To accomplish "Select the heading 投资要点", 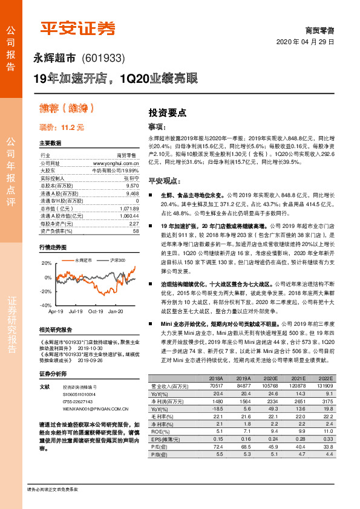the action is click(168, 112).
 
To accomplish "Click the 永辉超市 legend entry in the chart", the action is click(82, 260).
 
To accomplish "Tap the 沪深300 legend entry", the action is click(117, 260).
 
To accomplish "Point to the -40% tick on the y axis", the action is click(46, 306).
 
